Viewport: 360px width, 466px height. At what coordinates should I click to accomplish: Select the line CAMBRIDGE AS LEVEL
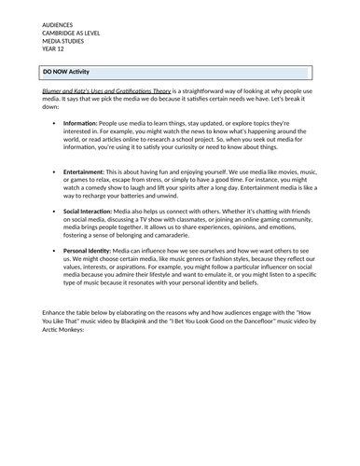pyautogui.click(x=72, y=27)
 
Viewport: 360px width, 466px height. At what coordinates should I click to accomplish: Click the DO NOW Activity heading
pyautogui.click(x=73, y=71)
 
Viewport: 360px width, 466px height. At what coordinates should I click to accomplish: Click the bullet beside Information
pyautogui.click(x=55, y=123)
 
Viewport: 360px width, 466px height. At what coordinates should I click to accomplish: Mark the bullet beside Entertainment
pyautogui.click(x=55, y=172)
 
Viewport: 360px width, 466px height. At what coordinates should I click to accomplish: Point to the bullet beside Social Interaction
pyautogui.click(x=55, y=212)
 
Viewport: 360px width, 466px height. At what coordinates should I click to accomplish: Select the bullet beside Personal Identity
pyautogui.click(x=55, y=251)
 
